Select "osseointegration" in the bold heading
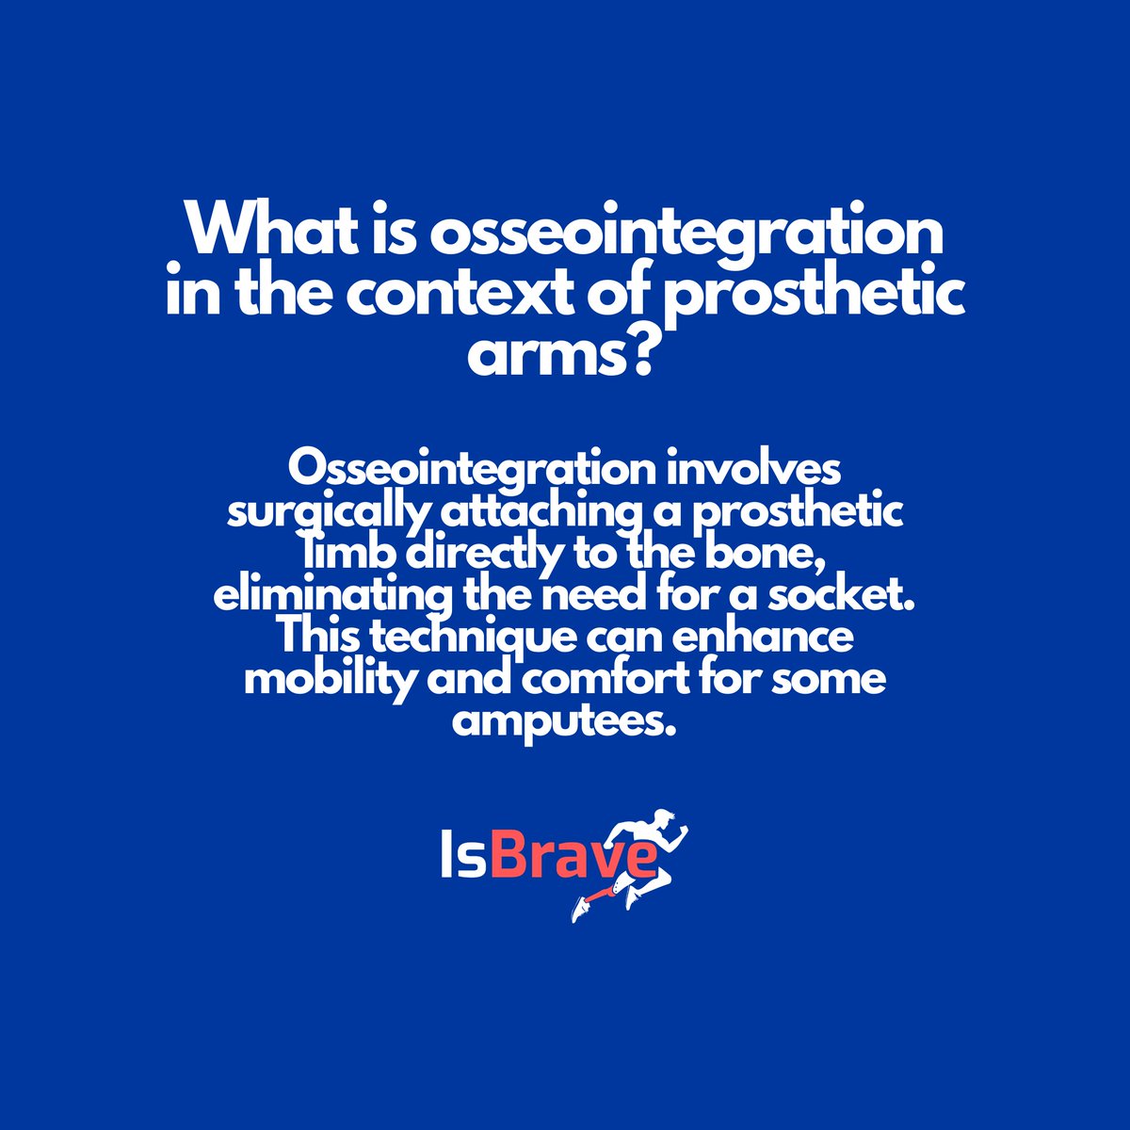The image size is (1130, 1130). (x=686, y=233)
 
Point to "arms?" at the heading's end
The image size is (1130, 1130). (x=563, y=355)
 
